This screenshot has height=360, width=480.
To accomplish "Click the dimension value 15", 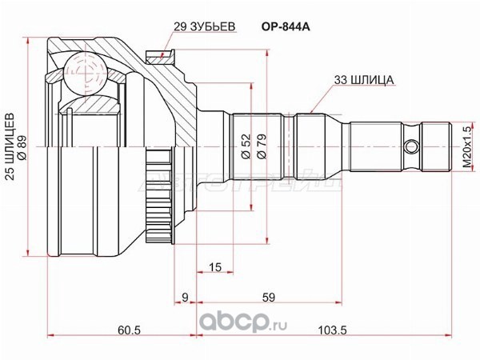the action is click(214, 266).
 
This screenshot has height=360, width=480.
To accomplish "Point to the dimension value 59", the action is click(269, 298).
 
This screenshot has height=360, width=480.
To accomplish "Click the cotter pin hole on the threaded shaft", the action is click(411, 148).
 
